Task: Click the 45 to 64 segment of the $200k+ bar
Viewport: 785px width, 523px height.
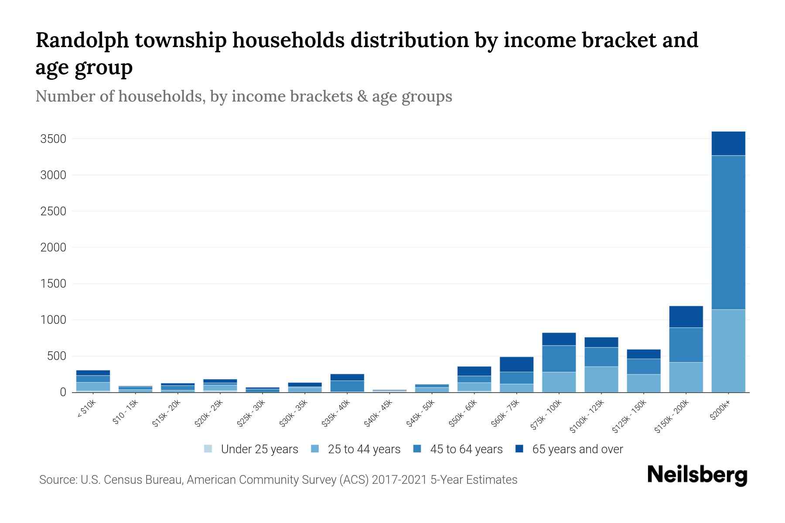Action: coord(728,232)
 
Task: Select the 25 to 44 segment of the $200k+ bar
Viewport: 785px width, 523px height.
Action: coord(728,351)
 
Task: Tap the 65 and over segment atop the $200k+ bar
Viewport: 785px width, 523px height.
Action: coord(728,143)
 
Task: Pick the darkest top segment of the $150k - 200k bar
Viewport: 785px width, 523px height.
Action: coord(686,317)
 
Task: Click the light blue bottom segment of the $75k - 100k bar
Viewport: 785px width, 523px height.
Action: coord(559,382)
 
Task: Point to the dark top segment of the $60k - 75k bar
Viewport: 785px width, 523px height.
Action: coord(516,364)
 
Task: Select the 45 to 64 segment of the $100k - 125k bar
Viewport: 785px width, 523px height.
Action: coord(601,357)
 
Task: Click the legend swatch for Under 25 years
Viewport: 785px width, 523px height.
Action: coord(208,449)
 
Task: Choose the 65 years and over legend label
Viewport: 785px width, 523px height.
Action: coord(577,449)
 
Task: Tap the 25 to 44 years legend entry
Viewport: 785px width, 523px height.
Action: coord(364,449)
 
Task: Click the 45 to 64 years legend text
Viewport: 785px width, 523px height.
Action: coord(466,449)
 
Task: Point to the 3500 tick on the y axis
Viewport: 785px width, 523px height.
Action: coord(53,139)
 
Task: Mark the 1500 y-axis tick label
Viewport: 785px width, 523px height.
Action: coord(53,284)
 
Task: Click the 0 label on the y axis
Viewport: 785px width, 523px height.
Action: coord(63,392)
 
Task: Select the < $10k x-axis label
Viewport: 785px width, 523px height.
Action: coord(87,410)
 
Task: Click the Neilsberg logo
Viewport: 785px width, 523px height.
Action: coord(697,475)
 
